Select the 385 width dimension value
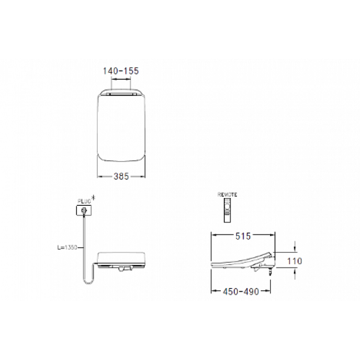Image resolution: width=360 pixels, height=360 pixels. [x=122, y=176]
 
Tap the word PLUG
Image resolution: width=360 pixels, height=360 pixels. [x=83, y=201]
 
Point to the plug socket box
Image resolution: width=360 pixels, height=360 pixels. [x=83, y=210]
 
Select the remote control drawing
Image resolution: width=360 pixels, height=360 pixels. [x=227, y=208]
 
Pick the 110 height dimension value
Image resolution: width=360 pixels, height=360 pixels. [x=295, y=261]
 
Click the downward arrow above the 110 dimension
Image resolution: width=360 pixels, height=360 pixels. [x=296, y=247]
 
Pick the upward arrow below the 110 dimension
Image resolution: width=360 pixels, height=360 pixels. [x=296, y=273]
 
